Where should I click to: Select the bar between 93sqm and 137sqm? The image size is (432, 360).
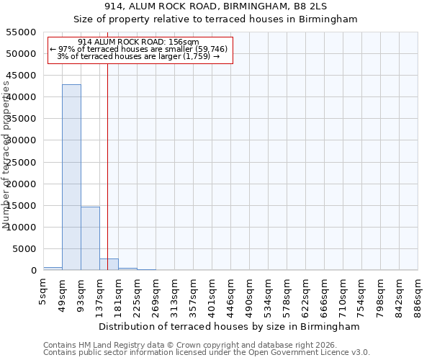[x=90, y=238]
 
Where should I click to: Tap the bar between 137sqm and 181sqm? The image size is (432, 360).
[x=109, y=264]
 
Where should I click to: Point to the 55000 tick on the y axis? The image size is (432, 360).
[x=23, y=32]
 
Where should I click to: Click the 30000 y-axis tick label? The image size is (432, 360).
[x=23, y=140]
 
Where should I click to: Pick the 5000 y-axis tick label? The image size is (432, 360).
[x=26, y=249]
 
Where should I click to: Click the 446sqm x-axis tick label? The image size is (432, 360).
[x=231, y=293]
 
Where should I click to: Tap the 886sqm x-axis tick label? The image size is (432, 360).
[x=418, y=293]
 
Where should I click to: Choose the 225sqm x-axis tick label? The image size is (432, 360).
[x=138, y=293]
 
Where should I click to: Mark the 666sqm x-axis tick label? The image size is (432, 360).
[x=325, y=293]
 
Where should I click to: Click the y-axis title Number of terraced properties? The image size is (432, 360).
[x=7, y=155]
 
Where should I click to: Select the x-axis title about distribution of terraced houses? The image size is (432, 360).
[x=228, y=326]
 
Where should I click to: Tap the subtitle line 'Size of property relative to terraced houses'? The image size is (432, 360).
[x=216, y=19]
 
